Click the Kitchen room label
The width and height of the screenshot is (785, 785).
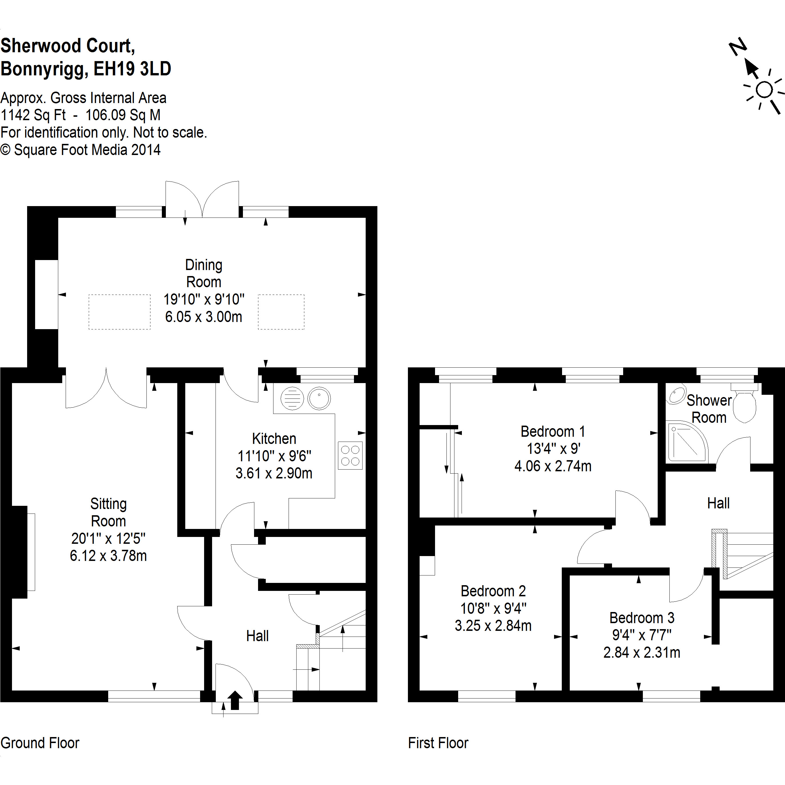coord(274,439)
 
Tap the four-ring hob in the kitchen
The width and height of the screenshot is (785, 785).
coord(350,456)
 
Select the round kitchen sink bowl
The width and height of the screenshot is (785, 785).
coord(319,398)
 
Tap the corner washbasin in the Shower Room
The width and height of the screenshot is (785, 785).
coord(677,396)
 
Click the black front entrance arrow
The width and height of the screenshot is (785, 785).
coord(235,701)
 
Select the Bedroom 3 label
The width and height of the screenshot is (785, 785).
coord(642,618)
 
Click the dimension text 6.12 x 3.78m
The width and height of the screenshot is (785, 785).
coord(108,555)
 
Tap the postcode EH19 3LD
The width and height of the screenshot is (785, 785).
coord(132,69)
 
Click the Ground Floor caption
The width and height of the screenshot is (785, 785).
coord(40,743)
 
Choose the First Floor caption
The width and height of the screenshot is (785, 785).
coord(438,743)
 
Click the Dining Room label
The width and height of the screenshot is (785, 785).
coord(204,273)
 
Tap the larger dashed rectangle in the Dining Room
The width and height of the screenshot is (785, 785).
coord(119,312)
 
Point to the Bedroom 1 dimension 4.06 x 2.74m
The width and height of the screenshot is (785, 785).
coord(553,466)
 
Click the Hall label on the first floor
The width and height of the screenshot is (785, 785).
coord(718,504)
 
